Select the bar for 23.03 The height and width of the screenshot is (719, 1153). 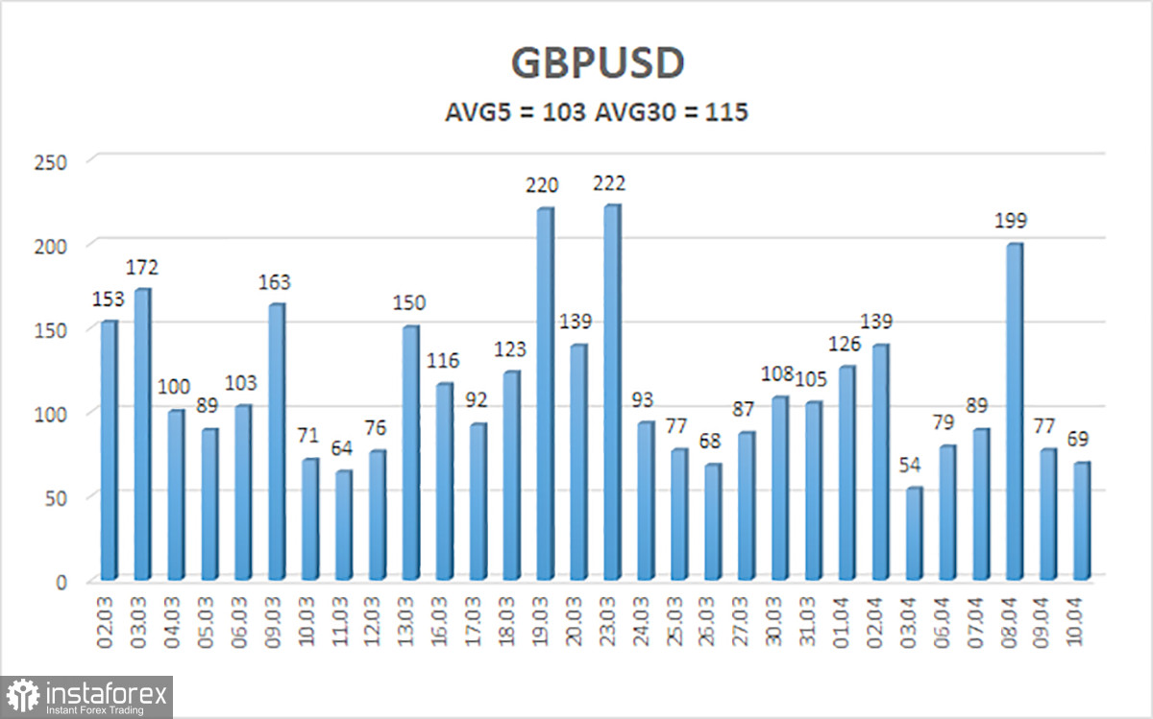click(x=612, y=394)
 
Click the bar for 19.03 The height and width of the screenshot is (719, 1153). click(x=545, y=395)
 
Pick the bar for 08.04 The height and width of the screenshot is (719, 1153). click(x=1014, y=413)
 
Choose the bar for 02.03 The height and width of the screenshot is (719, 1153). click(x=109, y=451)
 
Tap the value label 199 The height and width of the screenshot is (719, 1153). click(x=1010, y=221)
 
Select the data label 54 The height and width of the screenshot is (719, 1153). click(x=911, y=467)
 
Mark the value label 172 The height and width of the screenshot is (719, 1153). click(x=142, y=267)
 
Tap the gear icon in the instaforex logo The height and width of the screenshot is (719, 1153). click(x=22, y=695)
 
